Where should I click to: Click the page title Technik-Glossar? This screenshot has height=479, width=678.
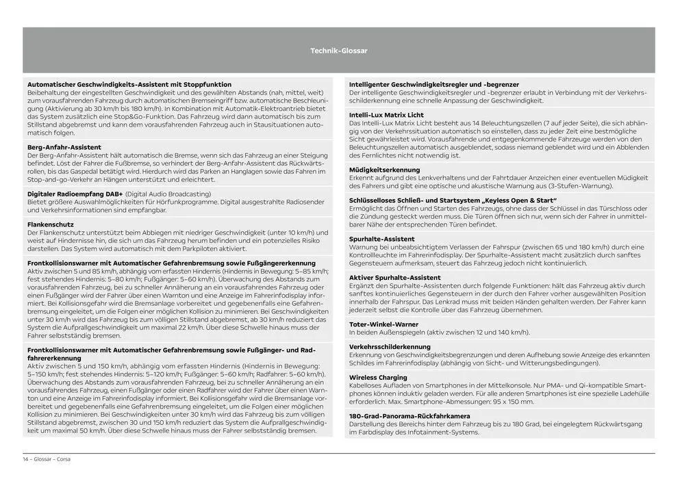click(338, 51)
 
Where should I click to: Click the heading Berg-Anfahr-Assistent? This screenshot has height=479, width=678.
click(64, 147)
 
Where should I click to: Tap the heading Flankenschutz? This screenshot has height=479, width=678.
click(49, 224)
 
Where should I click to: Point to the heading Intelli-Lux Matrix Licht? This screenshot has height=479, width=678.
click(386, 115)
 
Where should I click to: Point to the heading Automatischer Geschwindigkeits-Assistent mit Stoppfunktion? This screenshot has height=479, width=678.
click(129, 84)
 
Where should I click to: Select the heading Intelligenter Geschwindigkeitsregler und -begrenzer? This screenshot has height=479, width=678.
click(434, 84)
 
